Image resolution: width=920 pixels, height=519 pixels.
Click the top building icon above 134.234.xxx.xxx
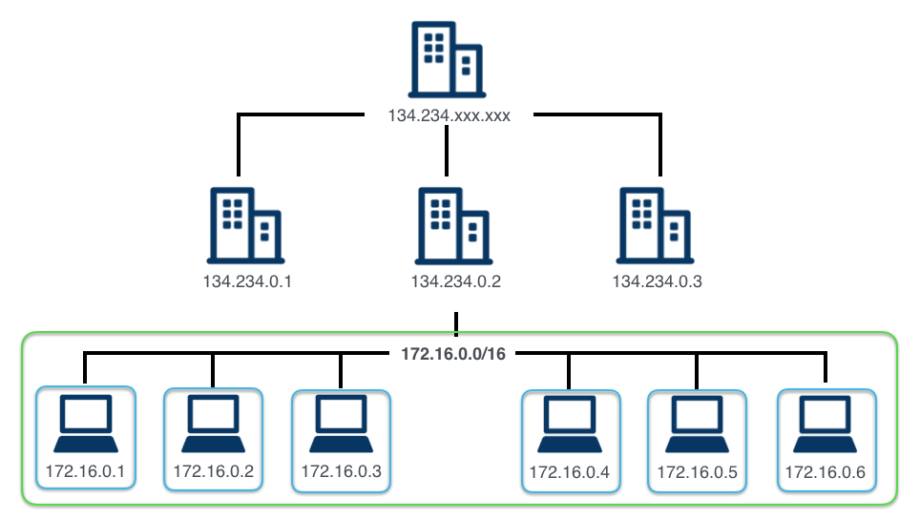[446, 59]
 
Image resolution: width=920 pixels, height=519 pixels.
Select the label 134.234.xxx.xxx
[449, 116]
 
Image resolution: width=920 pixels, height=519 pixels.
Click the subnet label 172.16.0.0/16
[453, 353]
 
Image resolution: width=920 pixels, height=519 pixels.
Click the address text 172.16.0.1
[85, 470]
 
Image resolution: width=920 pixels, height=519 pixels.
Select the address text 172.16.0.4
[570, 471]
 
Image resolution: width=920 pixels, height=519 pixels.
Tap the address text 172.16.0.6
[826, 471]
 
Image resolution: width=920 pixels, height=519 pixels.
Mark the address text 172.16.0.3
[341, 470]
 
